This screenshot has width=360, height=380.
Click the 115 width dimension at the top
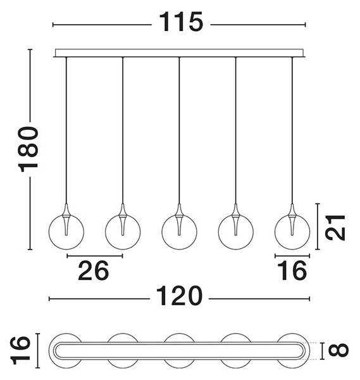coord(180,22)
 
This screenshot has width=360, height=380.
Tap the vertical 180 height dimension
coord(28,149)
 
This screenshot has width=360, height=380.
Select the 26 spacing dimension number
coord(94,270)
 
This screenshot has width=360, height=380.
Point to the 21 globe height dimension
coord(335,227)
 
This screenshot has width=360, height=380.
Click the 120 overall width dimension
coord(179,296)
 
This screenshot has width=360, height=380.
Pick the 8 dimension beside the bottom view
coord(338,350)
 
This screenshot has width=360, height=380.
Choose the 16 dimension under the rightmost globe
coord(292,270)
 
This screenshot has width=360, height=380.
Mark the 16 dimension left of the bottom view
coord(21,350)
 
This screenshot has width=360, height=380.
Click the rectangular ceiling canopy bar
coord(179,53)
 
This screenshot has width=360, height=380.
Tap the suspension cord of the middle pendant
coord(179,130)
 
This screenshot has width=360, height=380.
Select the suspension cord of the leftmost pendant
coord(66,130)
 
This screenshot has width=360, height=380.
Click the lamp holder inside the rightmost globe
coord(292,220)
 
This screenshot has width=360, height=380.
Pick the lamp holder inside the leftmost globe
coord(66,220)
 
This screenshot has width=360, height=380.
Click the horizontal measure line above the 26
coord(95,256)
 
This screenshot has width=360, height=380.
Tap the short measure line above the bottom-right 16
coord(292,256)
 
